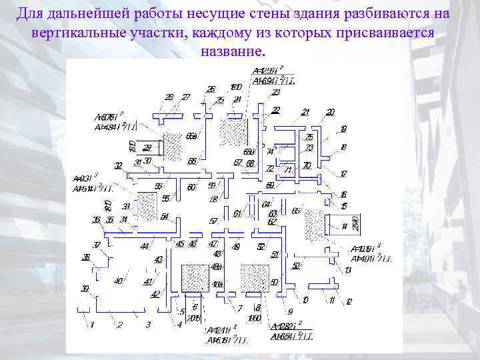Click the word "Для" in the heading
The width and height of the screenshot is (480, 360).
[31, 14]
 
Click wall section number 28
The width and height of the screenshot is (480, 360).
[169, 97]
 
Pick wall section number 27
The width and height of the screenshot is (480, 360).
[185, 97]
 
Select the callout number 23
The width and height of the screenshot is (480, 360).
[275, 93]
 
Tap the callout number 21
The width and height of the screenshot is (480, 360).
[305, 112]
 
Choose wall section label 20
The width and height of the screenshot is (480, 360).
[331, 112]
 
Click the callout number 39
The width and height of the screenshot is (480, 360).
[85, 289]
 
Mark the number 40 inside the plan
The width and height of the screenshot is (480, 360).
[118, 281]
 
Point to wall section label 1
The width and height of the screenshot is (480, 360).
[92, 325]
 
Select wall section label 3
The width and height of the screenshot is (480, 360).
[148, 325]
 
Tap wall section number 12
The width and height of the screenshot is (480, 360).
[348, 302]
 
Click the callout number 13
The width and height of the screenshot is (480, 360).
[348, 270]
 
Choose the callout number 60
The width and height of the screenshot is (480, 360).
[191, 187]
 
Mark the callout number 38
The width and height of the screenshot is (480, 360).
[86, 257]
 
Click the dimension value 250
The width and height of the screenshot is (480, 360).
[356, 222]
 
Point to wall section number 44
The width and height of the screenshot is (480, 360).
[145, 247]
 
